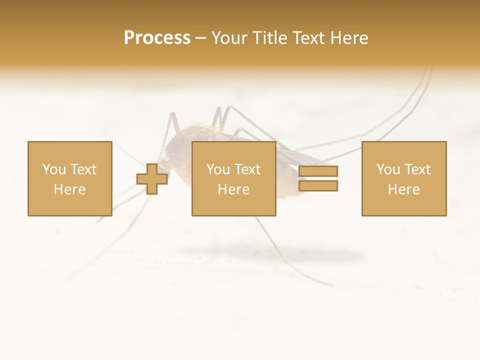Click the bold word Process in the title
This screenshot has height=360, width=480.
157,38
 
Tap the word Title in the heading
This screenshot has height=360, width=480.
269,38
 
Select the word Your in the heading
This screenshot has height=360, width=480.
229,38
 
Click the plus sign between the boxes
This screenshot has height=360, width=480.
152,179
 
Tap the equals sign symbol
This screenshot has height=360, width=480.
318,178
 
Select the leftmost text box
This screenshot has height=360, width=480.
69,178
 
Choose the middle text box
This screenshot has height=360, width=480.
233,178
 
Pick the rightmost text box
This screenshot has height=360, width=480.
403,178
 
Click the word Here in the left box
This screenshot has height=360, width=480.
69,189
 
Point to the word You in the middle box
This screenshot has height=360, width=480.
218,169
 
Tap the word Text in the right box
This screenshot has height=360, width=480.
417,169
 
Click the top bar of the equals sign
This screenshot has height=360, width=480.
318,171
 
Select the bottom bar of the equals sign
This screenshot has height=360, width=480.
318,185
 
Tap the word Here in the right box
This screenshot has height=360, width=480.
403,189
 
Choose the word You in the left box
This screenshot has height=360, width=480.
54,169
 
